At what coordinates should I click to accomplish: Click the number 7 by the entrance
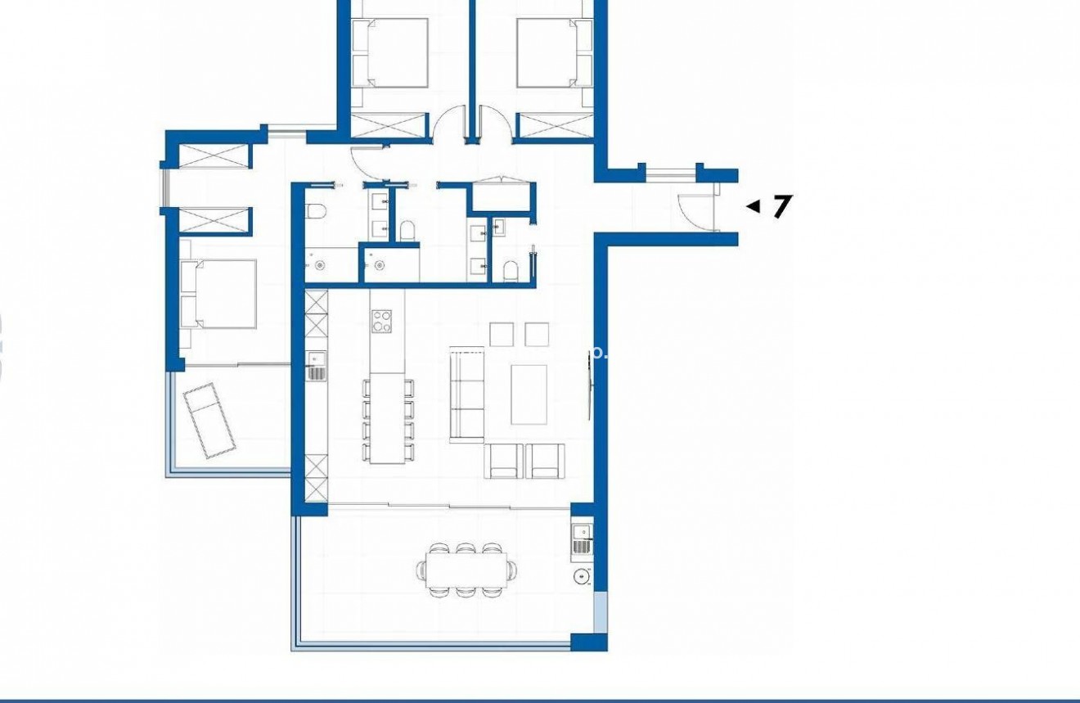[782, 206]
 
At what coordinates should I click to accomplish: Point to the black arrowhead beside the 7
[753, 206]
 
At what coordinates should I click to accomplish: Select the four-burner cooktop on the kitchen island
[382, 320]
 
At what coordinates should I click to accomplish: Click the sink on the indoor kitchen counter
[317, 357]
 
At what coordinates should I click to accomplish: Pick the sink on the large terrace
[582, 532]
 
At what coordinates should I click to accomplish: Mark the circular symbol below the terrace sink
[582, 577]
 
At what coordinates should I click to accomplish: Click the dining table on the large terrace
[466, 567]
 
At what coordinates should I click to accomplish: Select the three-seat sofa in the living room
[467, 394]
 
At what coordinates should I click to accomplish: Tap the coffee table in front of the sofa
[529, 394]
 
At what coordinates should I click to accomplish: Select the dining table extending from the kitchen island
[387, 419]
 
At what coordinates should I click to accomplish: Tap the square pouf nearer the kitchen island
[501, 334]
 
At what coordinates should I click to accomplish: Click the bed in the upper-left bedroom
[390, 52]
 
